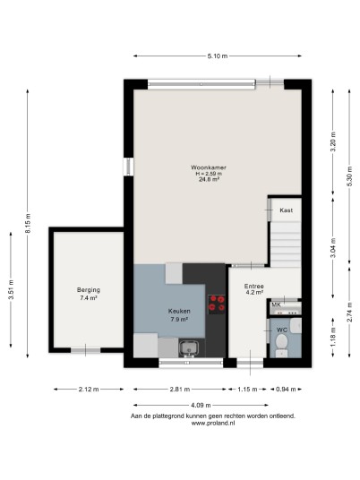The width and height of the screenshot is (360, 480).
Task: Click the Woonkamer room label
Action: (x=209, y=167)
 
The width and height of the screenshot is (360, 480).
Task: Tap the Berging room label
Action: (x=89, y=289)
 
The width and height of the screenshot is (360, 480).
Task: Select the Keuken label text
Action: (x=179, y=311)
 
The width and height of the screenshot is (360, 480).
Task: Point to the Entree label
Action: (x=254, y=287)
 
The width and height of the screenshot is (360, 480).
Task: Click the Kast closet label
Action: (x=287, y=210)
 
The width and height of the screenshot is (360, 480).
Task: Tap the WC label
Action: (x=282, y=330)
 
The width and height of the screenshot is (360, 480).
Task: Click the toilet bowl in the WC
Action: (x=281, y=342)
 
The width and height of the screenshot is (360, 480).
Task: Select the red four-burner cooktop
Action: (x=217, y=304)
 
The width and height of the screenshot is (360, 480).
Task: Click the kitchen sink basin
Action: (x=188, y=347)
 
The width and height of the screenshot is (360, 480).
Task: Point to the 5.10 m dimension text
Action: (x=218, y=56)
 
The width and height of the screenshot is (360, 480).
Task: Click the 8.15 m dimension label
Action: (x=28, y=224)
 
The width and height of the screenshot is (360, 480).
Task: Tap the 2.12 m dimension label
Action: (x=89, y=390)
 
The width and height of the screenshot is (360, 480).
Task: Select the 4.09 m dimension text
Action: (x=201, y=406)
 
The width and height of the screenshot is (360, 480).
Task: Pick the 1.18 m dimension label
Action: (x=333, y=337)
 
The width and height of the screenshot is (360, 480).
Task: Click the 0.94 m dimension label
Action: (x=286, y=390)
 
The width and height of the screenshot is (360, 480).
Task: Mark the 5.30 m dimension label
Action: (x=350, y=176)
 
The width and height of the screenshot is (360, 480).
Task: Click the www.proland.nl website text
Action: (x=213, y=423)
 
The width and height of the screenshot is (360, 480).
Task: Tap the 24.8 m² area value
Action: (x=209, y=180)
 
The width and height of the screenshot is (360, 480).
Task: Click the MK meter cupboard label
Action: (x=276, y=304)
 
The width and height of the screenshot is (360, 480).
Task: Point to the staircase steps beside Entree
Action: (x=286, y=244)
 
